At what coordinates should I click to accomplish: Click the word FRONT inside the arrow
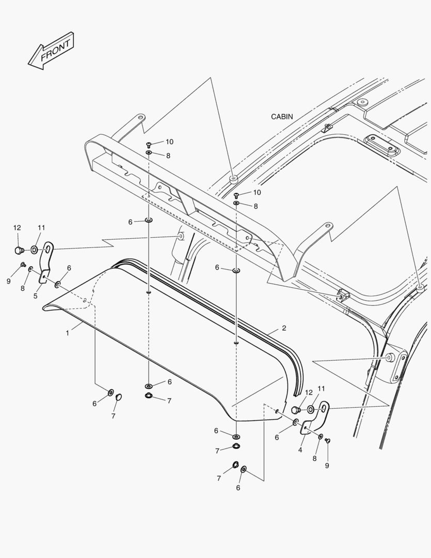[x=54, y=50]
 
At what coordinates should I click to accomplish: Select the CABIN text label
[x=282, y=117]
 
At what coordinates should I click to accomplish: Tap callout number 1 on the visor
[x=67, y=333]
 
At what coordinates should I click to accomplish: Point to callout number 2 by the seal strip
[x=284, y=328]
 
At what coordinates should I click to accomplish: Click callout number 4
[x=300, y=450]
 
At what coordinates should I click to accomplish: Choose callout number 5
[x=36, y=296]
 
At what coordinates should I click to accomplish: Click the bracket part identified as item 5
[x=45, y=263]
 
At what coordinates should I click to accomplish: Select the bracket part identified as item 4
[x=316, y=419]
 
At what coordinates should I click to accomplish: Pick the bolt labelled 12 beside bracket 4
[x=296, y=410]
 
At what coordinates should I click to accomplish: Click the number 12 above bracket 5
[x=17, y=228]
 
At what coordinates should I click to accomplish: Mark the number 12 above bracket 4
[x=309, y=393]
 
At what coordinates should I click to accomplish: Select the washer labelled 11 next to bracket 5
[x=34, y=251]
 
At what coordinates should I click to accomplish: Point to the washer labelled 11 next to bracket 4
[x=311, y=410]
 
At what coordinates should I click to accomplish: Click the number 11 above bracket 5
[x=41, y=228]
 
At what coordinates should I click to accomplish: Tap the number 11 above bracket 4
[x=322, y=389]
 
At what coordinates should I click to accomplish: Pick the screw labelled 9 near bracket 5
[x=23, y=265]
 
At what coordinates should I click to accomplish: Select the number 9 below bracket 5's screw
[x=8, y=281]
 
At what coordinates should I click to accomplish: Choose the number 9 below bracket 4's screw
[x=326, y=466]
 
